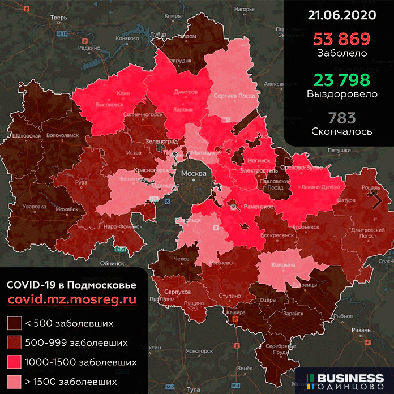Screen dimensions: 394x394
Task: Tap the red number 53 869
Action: click(339, 40)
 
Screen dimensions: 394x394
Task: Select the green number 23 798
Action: click(339, 80)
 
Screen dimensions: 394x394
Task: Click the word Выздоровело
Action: click(339, 94)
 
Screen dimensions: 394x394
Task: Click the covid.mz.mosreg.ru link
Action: click(72, 301)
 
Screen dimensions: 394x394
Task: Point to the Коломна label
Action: click(284, 264)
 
